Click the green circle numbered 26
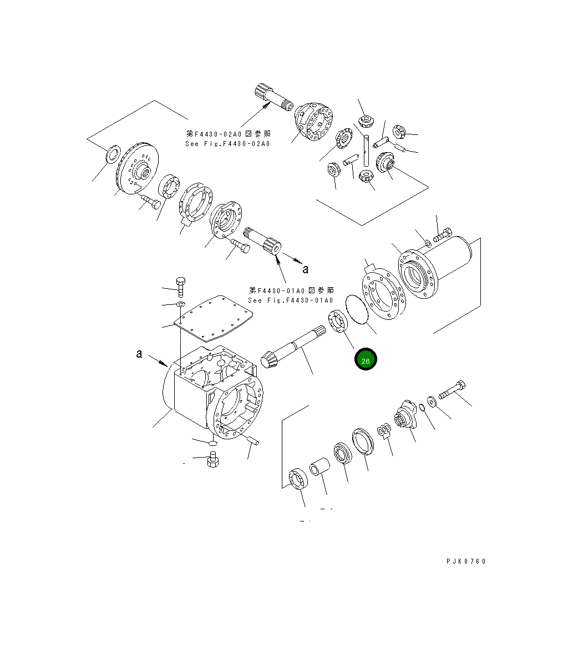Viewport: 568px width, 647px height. click(x=366, y=360)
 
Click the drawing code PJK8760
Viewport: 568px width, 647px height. click(x=465, y=561)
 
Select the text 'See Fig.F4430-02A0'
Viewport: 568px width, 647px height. click(x=227, y=144)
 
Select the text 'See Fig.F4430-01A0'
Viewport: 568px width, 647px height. click(x=291, y=300)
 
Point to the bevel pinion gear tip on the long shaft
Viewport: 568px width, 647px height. click(x=268, y=359)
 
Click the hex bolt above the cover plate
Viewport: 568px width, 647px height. click(x=180, y=284)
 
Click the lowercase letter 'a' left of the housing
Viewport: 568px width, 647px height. click(x=139, y=354)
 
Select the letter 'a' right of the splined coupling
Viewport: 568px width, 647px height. click(x=305, y=269)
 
